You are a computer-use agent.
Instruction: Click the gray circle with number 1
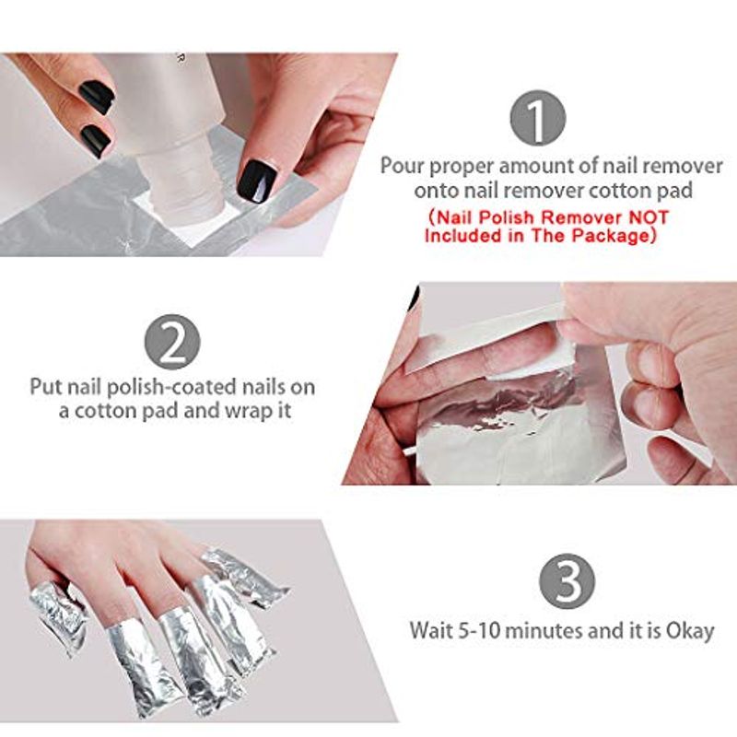tap(538, 118)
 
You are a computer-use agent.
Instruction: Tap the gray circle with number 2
tap(172, 342)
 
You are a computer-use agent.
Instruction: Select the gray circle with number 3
tap(567, 581)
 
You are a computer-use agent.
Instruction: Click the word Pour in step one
tap(402, 166)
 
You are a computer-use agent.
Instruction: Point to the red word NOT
tap(649, 217)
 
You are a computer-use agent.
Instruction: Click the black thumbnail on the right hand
tap(257, 181)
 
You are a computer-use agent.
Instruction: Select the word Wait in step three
tap(429, 630)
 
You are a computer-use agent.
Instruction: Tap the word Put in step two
tap(47, 387)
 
